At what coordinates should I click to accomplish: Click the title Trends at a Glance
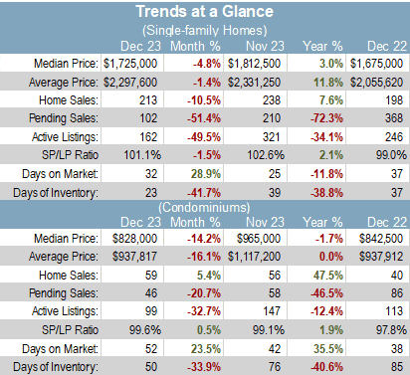tap(205, 11)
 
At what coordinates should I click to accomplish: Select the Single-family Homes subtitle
tap(205, 31)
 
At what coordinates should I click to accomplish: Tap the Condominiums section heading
tap(204, 208)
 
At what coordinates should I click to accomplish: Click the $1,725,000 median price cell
tap(130, 64)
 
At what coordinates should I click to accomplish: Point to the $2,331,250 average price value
tap(254, 83)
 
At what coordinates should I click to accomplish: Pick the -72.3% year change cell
tap(326, 118)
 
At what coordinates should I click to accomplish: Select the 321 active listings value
tap(272, 137)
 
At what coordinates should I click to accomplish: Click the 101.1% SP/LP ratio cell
tap(142, 155)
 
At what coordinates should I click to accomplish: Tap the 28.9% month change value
tap(206, 174)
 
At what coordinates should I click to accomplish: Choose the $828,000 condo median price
tap(134, 239)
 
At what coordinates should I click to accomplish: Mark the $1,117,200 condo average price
tap(254, 257)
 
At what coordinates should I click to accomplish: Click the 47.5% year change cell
tap(328, 276)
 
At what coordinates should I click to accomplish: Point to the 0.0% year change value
tap(330, 257)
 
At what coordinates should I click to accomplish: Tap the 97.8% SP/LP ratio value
tap(391, 330)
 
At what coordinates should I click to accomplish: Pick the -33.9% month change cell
tap(204, 367)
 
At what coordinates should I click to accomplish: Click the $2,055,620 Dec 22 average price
tap(376, 83)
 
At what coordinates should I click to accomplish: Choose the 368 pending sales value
tap(394, 118)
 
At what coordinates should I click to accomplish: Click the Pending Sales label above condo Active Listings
tap(64, 293)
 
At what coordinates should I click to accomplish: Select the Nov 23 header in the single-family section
tap(265, 46)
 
